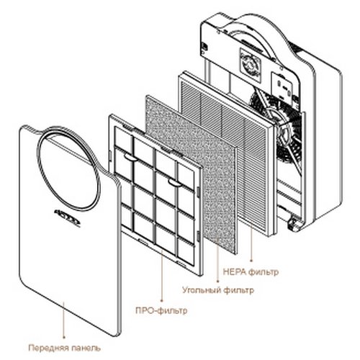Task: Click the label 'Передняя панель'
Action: pyautogui.click(x=65, y=348)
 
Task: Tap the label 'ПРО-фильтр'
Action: pyautogui.click(x=161, y=310)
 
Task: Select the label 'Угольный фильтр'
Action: pyautogui.click(x=218, y=290)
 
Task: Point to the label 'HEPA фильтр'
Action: pyautogui.click(x=251, y=272)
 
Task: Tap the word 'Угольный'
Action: pyautogui.click(x=202, y=290)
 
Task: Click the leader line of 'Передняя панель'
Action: pyautogui.click(x=64, y=320)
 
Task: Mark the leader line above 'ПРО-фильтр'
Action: pyautogui.click(x=162, y=276)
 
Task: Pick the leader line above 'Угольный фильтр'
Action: pyautogui.click(x=217, y=260)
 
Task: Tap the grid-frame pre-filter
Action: pyautogui.click(x=156, y=195)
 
